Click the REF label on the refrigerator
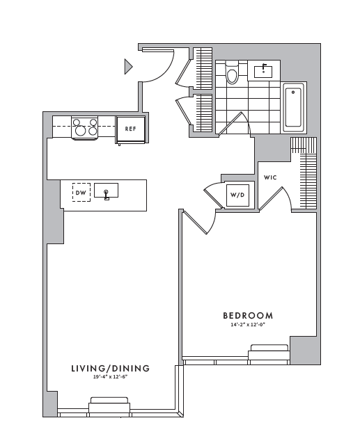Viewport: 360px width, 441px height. coord(130,129)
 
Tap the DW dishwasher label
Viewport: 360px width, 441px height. coord(81,193)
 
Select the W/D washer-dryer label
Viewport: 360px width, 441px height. coord(237,195)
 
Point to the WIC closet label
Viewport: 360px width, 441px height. coord(270,177)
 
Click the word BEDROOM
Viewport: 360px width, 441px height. coord(248,316)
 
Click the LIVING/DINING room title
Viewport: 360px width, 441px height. coord(110,369)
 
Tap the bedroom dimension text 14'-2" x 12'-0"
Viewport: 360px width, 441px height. coord(248,325)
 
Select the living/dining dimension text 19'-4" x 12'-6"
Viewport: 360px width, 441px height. coord(110,377)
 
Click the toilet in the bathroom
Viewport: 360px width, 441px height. coord(232,72)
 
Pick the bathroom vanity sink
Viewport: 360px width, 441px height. coord(263,72)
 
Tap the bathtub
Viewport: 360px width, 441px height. coord(293,107)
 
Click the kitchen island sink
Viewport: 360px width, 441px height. coord(106,191)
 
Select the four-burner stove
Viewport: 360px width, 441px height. coord(84,127)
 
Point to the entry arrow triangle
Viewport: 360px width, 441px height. coord(128,66)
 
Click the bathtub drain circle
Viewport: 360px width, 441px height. coord(293,92)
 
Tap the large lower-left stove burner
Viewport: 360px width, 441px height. coord(81,130)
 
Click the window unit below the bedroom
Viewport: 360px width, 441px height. coord(269,352)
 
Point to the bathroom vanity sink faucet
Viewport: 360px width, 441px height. coord(264,67)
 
